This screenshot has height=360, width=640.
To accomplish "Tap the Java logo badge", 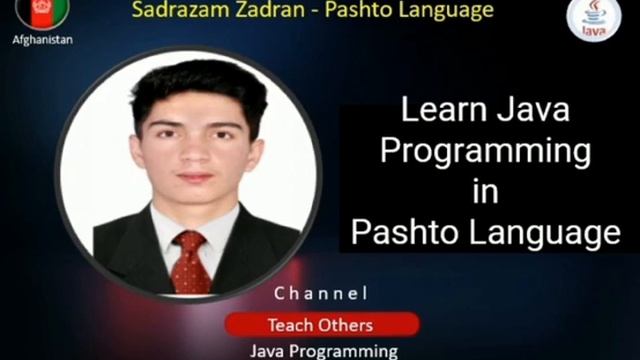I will pos(595,19).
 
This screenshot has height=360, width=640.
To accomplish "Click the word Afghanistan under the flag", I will pos(42,40).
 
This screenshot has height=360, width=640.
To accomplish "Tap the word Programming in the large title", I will pos(485,151).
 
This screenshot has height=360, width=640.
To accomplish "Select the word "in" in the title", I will pos(485,191).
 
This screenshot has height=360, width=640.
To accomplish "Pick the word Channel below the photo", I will pos(321,294).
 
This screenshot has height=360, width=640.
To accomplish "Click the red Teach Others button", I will pos(321,325).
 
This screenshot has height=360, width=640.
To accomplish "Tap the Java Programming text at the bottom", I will pos(323,351).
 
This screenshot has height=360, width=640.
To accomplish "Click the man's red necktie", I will pos(190,262).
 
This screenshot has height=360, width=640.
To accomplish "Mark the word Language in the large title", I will pos(548,232).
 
